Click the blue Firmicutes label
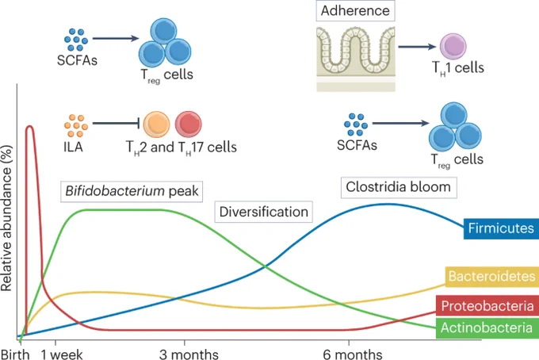(x=501, y=228)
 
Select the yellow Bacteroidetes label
(x=492, y=277)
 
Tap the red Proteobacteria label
(x=487, y=305)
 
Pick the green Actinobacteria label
(x=487, y=327)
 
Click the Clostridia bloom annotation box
(x=399, y=187)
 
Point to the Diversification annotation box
(x=264, y=212)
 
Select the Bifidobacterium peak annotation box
(x=132, y=191)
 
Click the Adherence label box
(x=355, y=10)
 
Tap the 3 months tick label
(x=189, y=354)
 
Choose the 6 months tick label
(x=353, y=354)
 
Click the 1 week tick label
(x=62, y=354)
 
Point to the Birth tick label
(x=15, y=354)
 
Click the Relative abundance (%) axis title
(x=6, y=218)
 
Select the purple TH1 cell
(x=453, y=47)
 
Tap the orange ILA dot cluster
(x=75, y=125)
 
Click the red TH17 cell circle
(x=189, y=124)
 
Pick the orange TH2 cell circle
(x=156, y=124)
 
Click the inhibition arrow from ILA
(x=116, y=123)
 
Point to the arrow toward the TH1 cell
(x=417, y=47)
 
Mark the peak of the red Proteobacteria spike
(x=29, y=126)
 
